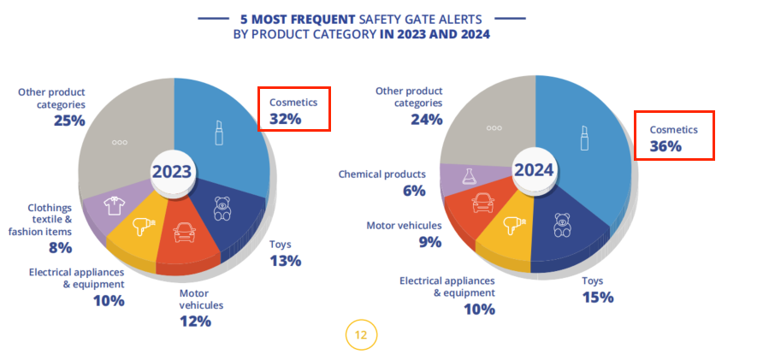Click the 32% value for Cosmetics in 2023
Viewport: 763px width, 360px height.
285,119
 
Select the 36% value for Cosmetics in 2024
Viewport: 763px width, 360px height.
665,146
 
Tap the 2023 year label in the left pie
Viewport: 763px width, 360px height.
172,172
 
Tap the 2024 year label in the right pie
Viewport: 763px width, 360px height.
535,169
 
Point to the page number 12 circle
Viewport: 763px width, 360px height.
361,334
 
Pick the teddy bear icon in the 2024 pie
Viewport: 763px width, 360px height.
563,225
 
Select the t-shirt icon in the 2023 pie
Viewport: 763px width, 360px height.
114,206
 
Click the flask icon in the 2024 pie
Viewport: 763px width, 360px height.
468,177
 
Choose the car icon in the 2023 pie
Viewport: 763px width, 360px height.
183,232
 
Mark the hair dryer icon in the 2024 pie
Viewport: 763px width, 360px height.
515,224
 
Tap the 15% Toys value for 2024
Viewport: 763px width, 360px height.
597,298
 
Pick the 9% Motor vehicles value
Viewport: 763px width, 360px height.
429,242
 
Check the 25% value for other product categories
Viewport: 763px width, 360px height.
68,121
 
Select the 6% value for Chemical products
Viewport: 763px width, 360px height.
414,191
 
